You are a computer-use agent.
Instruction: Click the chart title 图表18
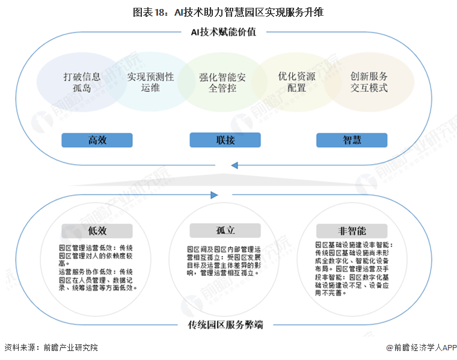(228, 11)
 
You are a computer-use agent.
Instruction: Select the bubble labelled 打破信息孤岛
(82, 82)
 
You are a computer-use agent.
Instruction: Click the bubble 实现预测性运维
(150, 82)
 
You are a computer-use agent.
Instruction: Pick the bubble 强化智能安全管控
(224, 83)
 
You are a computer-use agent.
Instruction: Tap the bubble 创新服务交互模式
(369, 82)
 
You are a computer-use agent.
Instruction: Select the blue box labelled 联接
(225, 140)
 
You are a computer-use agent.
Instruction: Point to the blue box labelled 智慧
(352, 140)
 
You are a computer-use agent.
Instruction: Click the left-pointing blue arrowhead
(235, 165)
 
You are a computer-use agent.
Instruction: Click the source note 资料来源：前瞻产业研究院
(51, 347)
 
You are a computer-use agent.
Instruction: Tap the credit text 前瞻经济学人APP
(422, 347)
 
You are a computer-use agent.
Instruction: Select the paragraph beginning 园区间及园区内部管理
(223, 260)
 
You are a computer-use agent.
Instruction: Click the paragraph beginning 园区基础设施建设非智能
(354, 270)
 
